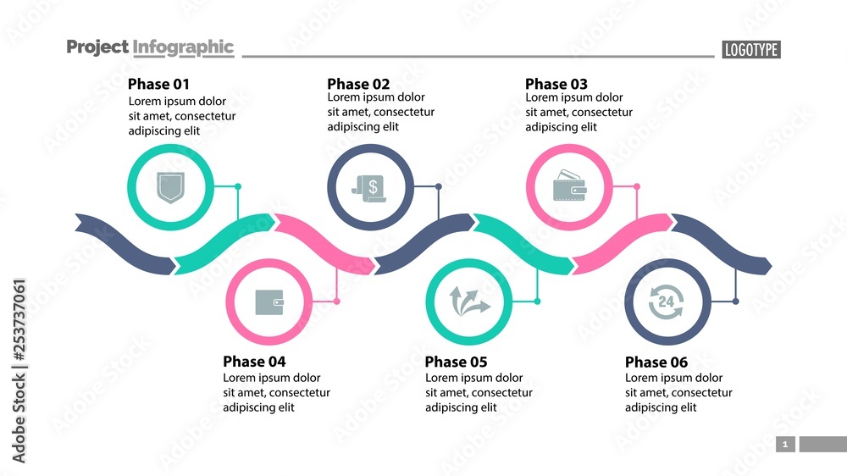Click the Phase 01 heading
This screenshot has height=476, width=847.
tap(158, 84)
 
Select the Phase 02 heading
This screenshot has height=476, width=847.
tap(358, 84)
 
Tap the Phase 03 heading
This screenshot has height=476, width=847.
tap(556, 84)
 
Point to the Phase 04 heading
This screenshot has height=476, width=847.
tap(254, 362)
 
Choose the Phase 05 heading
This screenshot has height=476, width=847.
tap(456, 362)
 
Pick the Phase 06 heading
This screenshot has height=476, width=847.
tap(656, 362)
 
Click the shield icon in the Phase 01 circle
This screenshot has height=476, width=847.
tap(170, 187)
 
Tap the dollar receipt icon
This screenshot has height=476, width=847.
tap(370, 187)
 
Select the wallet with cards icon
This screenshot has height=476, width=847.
tap(570, 187)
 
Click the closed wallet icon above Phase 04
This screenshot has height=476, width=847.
tap(270, 302)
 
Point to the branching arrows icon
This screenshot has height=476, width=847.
tap(469, 302)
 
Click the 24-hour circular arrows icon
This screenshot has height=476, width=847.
tap(667, 302)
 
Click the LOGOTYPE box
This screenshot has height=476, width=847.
tap(751, 50)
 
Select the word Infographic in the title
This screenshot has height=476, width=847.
tap(184, 47)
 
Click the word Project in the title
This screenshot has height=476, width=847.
tap(97, 47)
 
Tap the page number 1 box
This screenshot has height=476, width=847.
tap(785, 444)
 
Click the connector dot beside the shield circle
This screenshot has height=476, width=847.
tap(238, 186)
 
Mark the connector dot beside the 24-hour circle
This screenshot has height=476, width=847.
tap(735, 302)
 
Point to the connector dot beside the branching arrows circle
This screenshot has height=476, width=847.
tap(537, 302)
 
